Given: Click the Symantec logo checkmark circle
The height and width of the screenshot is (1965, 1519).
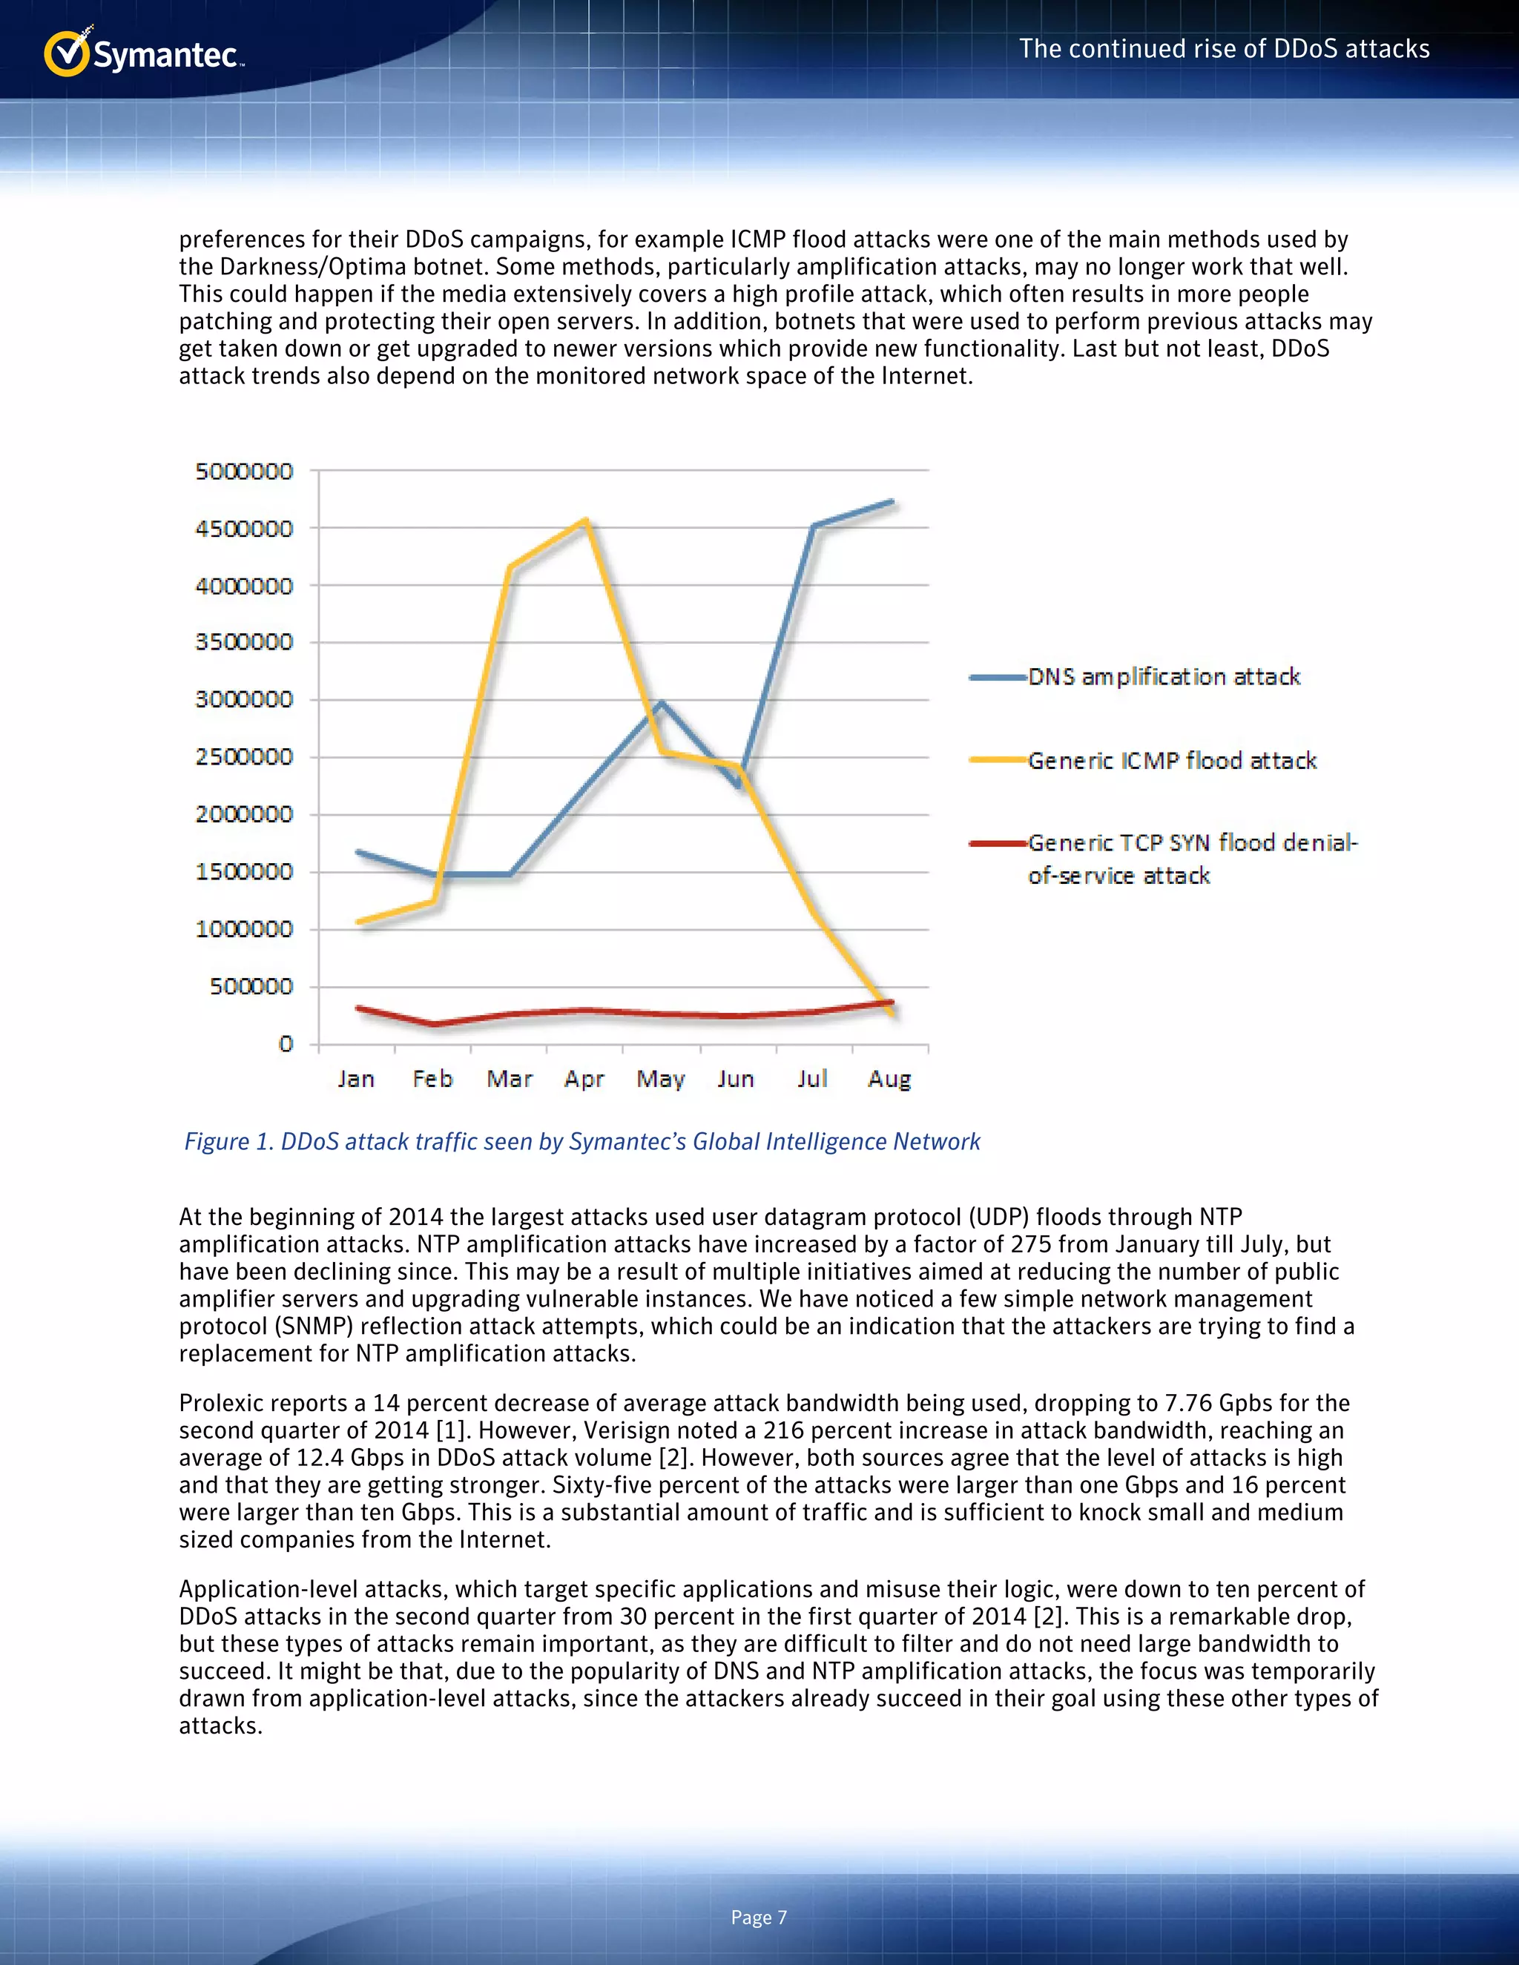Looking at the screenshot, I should click(67, 54).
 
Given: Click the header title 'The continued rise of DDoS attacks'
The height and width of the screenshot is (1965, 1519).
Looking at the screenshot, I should click(1224, 49).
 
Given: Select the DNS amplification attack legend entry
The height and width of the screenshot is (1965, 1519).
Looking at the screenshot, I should click(1164, 676).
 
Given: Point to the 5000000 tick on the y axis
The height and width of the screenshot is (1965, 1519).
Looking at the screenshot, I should click(244, 472).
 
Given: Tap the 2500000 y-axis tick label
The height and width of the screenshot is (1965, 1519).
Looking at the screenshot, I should click(244, 756).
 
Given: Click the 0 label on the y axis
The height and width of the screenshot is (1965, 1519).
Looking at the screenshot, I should click(286, 1044).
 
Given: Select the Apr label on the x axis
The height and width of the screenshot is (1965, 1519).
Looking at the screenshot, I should click(584, 1078).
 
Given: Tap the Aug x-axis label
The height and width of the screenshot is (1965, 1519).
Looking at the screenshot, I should click(889, 1078).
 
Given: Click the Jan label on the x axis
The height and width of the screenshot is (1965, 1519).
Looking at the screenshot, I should click(356, 1078).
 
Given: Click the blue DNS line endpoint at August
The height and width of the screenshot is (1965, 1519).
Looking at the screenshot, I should click(891, 502).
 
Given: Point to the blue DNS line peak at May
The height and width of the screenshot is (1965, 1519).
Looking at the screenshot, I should click(662, 703).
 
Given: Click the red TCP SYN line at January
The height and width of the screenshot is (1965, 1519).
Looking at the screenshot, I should click(359, 1008).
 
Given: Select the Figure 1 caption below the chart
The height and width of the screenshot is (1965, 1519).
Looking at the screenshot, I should click(582, 1141).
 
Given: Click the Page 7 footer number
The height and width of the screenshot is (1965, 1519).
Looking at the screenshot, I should click(759, 1918).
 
